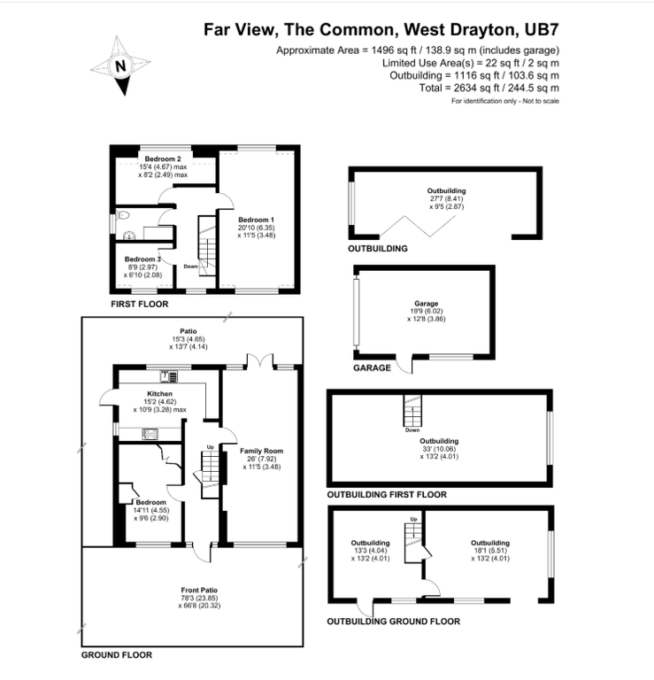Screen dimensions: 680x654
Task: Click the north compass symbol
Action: point(122,64)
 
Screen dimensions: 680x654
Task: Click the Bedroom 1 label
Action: point(259,219)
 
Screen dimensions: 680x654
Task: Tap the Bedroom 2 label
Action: point(163,158)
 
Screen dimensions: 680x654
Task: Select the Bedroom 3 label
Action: point(142,259)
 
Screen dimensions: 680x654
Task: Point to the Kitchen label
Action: point(159,393)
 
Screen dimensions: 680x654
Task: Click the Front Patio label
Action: point(199,590)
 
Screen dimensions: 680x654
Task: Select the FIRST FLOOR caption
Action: point(139,304)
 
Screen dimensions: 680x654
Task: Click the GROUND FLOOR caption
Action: point(117,655)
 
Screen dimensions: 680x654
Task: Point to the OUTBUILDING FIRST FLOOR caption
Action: point(387,494)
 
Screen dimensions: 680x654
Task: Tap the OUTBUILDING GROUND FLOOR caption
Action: point(393,622)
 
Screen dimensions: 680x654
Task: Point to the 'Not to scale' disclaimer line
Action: point(504,101)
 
